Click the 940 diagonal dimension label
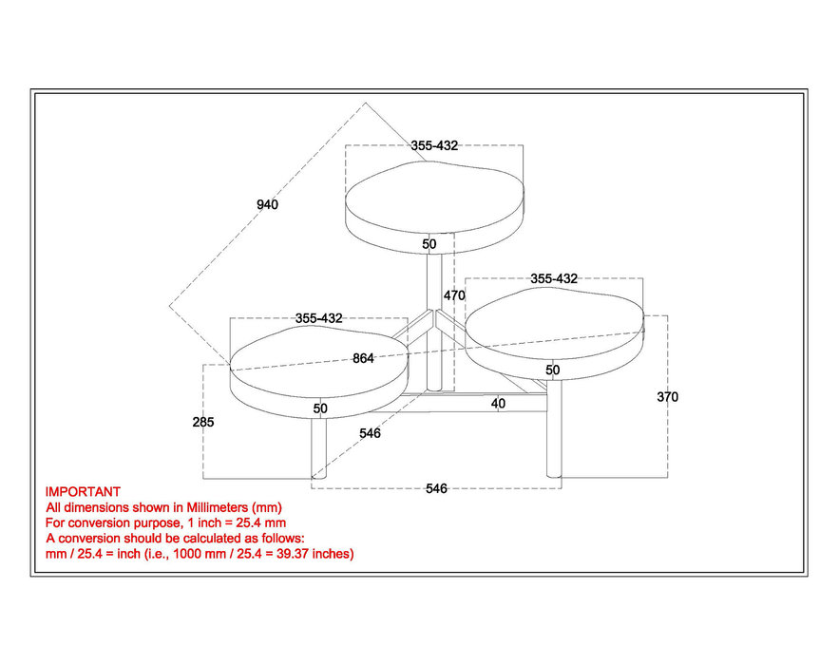pos(267,204)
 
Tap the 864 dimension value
pos(363,358)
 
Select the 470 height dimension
pos(454,295)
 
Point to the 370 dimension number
pos(667,397)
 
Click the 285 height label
pos(203,422)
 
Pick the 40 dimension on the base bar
pos(498,404)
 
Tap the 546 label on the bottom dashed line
pos(436,488)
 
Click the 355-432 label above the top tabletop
pos(434,145)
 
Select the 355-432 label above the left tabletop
pos(319,318)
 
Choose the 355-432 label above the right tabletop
pos(554,278)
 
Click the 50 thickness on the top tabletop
pos(429,244)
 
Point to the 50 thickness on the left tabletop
pos(320,408)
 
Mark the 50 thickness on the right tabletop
pos(553,370)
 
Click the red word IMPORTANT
pos(83,492)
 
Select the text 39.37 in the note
pos(293,554)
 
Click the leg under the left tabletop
pos(318,448)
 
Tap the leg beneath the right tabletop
pos(554,428)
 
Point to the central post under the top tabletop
pos(434,321)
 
